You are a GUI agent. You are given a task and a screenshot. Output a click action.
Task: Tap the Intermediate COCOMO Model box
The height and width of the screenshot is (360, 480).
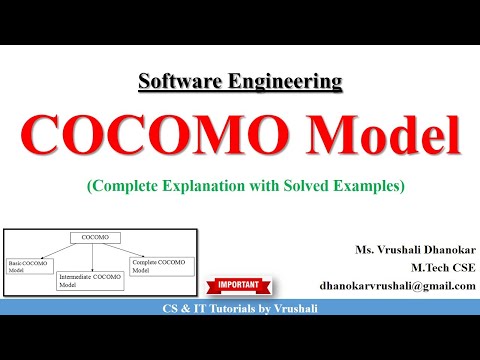click(90, 279)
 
